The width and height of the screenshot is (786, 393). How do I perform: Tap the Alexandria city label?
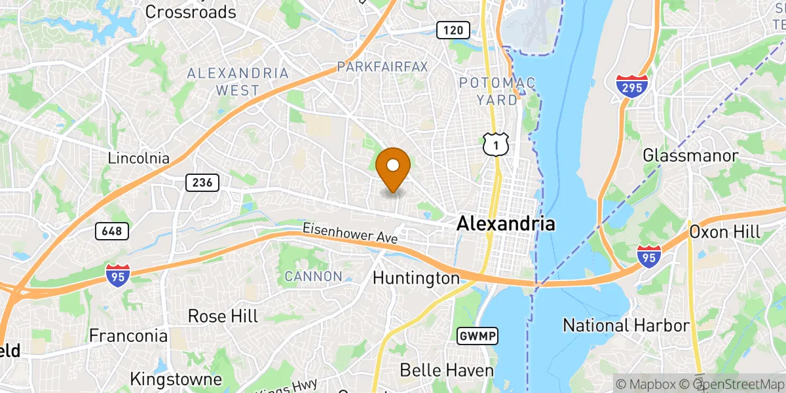coord(506,223)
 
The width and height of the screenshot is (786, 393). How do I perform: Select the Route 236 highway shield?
coord(202,182)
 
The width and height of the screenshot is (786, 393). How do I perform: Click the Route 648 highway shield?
coord(112,231)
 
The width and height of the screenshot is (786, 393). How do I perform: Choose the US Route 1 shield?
coord(496,143)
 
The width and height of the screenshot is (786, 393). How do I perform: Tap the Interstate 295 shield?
coord(632,86)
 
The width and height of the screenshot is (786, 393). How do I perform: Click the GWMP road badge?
coord(477,336)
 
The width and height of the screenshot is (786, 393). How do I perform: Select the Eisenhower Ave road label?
coord(350,233)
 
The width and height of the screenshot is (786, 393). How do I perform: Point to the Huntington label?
coord(416,278)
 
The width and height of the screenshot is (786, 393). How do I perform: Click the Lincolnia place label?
coord(139,159)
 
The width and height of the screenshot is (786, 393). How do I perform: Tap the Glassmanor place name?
coord(690,156)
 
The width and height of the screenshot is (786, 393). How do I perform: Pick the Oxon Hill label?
coord(724,232)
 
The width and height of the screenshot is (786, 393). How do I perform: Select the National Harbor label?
coord(626,326)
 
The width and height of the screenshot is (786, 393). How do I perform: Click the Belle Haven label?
coord(446,370)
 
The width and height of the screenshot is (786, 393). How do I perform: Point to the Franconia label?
coord(128,336)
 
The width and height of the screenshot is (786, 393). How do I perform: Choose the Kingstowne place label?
coord(176,379)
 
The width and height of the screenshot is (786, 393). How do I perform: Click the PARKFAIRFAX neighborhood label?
coord(382,67)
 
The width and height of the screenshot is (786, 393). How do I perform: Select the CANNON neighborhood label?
coord(313,276)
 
